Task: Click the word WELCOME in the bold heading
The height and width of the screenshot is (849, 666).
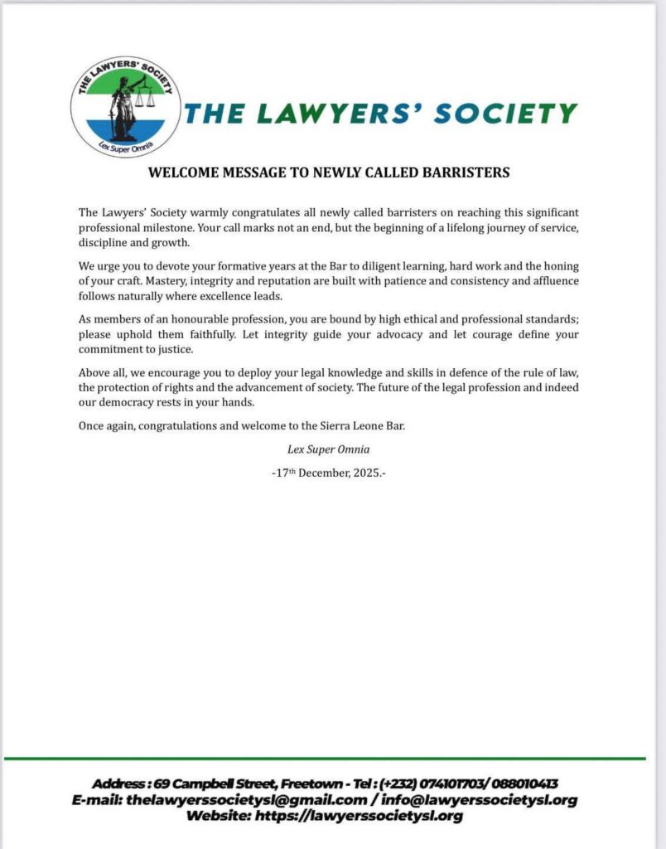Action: point(181,173)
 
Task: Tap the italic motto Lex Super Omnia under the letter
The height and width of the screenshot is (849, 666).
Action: point(329,450)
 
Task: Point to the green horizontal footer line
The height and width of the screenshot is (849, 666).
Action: point(324,758)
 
